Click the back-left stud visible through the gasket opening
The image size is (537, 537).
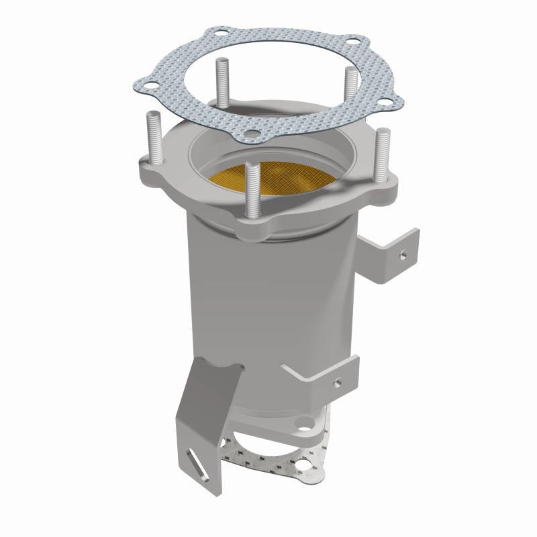pos(221,81)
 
